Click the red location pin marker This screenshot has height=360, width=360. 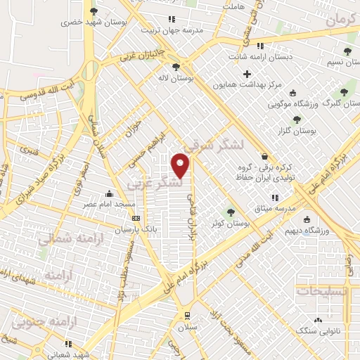coord(181,165)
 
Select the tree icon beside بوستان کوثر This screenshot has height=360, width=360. coord(230,212)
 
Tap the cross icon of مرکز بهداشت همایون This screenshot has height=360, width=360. coord(247,74)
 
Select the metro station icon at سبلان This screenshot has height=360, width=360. coord(187,315)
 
